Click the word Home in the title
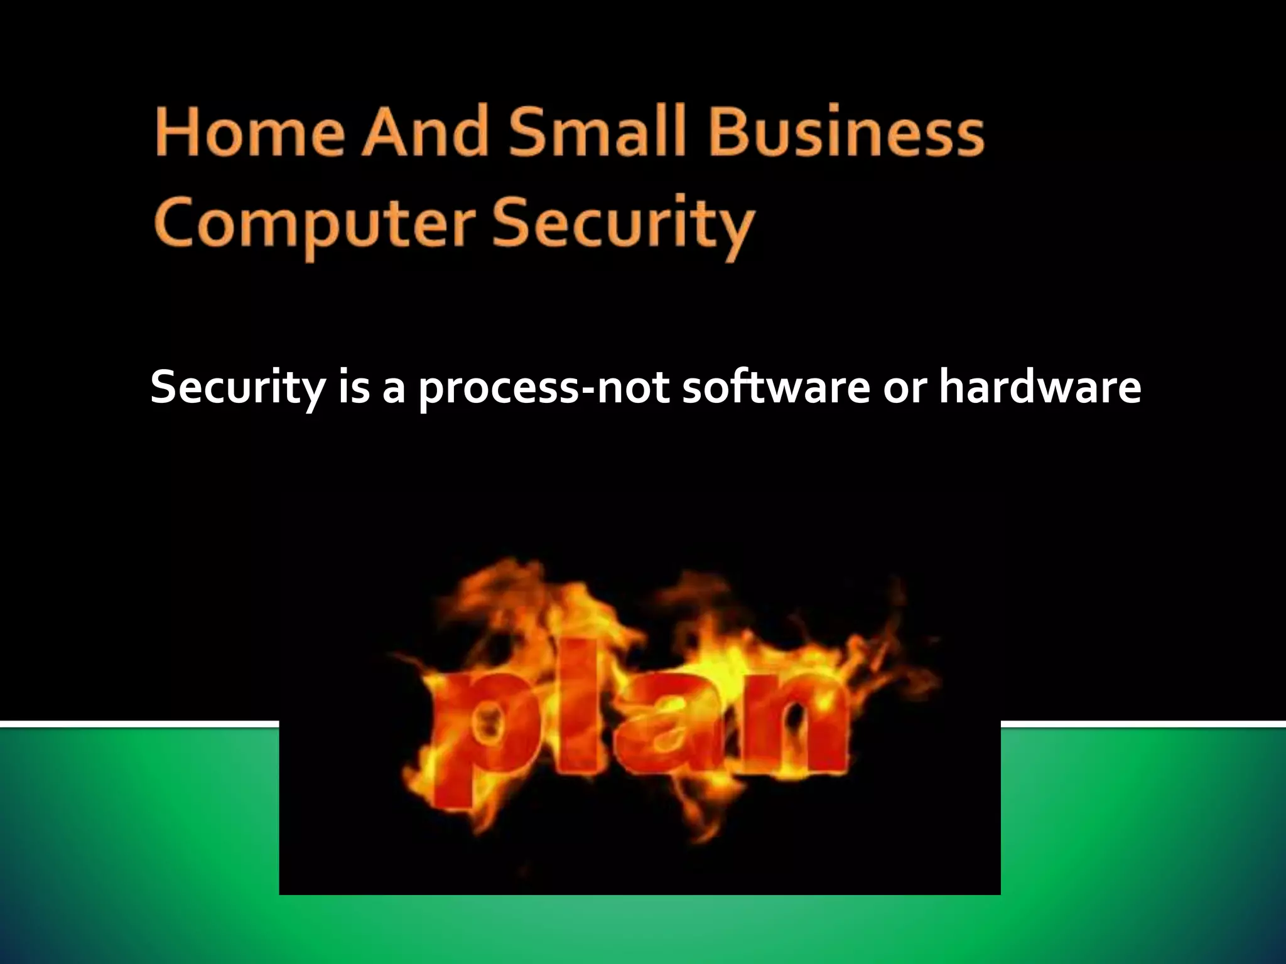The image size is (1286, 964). pyautogui.click(x=249, y=132)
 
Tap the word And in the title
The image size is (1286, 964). pyautogui.click(x=425, y=132)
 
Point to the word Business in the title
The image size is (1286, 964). pyautogui.click(x=846, y=132)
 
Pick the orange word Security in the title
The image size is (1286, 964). pyautogui.click(x=622, y=225)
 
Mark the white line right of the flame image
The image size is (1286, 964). pyautogui.click(x=1143, y=725)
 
